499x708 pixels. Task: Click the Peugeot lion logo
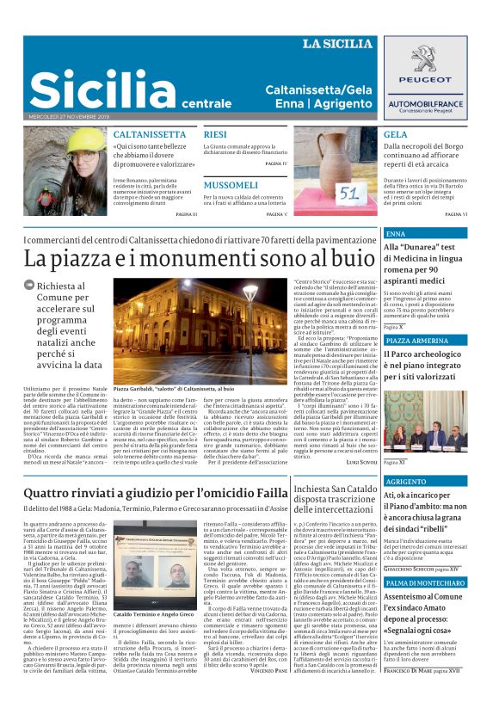[x=425, y=60]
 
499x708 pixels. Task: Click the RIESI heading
[x=215, y=135]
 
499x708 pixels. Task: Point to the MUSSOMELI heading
[x=231, y=185]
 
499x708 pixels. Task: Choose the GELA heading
[x=396, y=135]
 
